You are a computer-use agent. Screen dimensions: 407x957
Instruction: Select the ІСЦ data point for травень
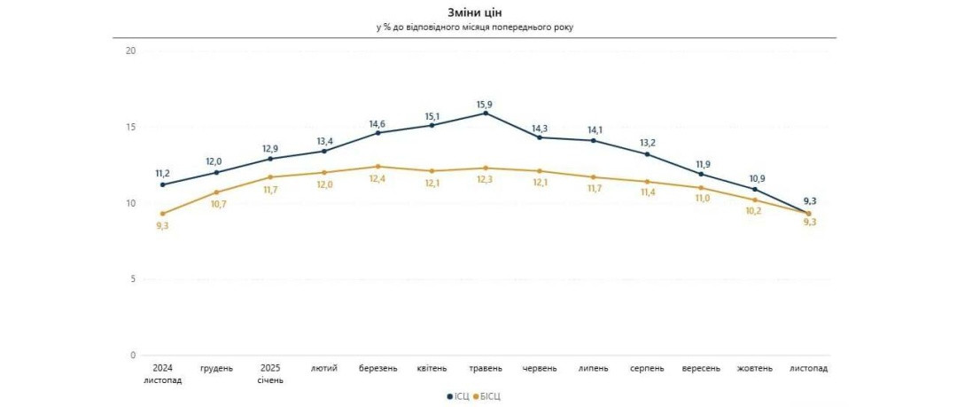(486, 113)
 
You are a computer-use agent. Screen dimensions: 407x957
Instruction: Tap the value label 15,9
(484, 105)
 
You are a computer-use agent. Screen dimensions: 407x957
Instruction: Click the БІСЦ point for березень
(378, 166)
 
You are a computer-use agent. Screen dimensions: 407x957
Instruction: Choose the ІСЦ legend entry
(459, 395)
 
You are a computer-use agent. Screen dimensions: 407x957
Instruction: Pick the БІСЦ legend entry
(488, 395)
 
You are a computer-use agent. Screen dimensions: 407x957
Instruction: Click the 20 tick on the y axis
(130, 51)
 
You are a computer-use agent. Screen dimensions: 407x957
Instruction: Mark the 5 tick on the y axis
(133, 279)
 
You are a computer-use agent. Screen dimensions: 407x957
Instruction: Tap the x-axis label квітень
(432, 368)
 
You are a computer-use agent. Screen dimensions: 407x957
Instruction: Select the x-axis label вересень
(701, 368)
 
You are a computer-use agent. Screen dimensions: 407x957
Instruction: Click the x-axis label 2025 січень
(270, 373)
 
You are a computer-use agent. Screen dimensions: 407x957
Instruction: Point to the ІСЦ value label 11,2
(162, 174)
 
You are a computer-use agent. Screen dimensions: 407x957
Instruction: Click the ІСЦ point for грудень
(216, 172)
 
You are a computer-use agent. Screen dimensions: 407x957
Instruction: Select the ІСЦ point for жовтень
(755, 189)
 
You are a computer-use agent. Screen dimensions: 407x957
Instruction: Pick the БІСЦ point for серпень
(647, 182)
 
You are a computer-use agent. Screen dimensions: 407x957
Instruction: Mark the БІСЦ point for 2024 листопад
(162, 214)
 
